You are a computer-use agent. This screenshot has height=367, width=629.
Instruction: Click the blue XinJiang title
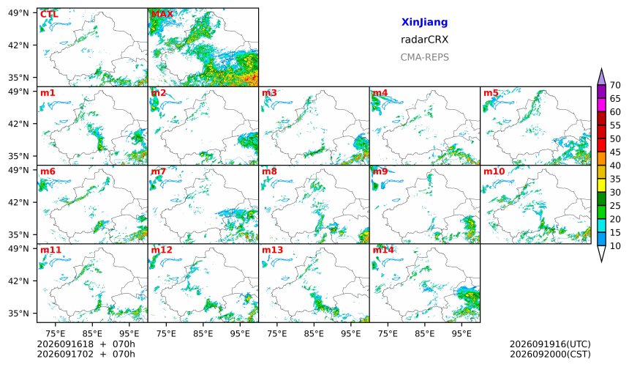(424, 22)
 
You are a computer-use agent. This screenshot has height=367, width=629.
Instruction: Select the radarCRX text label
(424, 40)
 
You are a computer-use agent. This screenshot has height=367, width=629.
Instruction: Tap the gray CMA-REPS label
(424, 57)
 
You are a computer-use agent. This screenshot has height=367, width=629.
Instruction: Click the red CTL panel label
(49, 14)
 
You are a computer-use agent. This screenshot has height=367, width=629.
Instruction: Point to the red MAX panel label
(162, 14)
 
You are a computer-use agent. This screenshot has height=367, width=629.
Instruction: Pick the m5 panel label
(491, 93)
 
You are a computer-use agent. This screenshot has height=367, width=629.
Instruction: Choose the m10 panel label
(494, 171)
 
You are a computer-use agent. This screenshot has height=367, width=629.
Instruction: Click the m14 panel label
(383, 250)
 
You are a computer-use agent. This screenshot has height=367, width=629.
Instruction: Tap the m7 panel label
(159, 171)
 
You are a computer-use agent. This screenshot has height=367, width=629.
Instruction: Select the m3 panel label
(269, 93)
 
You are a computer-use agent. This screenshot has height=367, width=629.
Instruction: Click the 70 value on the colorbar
(615, 85)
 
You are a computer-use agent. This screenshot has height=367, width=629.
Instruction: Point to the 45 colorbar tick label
(615, 152)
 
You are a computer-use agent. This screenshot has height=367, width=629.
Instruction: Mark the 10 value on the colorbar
(615, 246)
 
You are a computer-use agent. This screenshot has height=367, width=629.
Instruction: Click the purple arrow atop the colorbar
(601, 77)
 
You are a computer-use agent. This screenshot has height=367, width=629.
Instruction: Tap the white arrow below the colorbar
(601, 253)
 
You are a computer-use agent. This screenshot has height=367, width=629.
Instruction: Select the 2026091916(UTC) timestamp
(550, 344)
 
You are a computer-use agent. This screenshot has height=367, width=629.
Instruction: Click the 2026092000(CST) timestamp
(550, 354)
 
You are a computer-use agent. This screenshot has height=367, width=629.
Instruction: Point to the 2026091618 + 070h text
(86, 344)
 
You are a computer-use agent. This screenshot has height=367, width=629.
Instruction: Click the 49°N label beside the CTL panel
(18, 13)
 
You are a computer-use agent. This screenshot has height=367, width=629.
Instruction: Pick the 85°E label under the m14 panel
(425, 333)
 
